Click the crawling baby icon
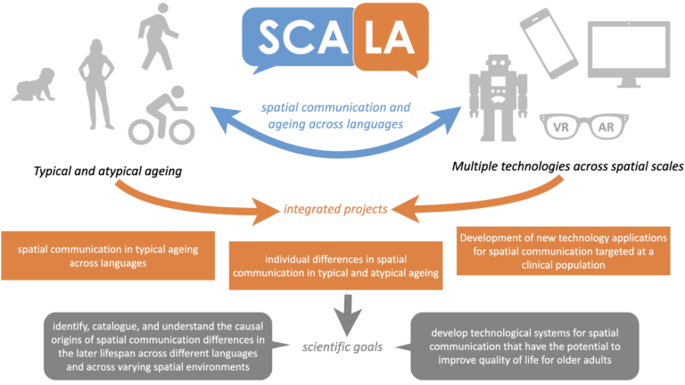[35, 87]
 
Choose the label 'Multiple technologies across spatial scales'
[572, 167]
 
